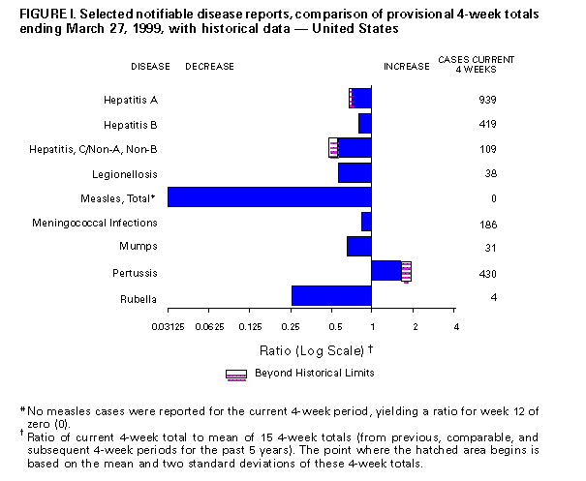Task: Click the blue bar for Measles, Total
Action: pyautogui.click(x=269, y=197)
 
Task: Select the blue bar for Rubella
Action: pyautogui.click(x=331, y=296)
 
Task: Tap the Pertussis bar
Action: pyautogui.click(x=386, y=271)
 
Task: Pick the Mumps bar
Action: pyautogui.click(x=359, y=247)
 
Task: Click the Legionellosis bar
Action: pyautogui.click(x=355, y=172)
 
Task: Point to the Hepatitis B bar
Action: pyautogui.click(x=365, y=124)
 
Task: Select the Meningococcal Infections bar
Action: pyautogui.click(x=366, y=222)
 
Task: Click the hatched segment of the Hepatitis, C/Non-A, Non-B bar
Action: pyautogui.click(x=333, y=147)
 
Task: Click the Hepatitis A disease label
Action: pyautogui.click(x=131, y=100)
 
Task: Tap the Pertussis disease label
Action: pyautogui.click(x=138, y=273)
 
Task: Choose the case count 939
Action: pyautogui.click(x=487, y=100)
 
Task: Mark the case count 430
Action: pyautogui.click(x=487, y=273)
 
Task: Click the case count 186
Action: pyautogui.click(x=487, y=224)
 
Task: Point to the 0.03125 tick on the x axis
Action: pyautogui.click(x=167, y=324)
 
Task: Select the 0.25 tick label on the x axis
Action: pyautogui.click(x=291, y=324)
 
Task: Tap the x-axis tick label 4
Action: pyautogui.click(x=454, y=324)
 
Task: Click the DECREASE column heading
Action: pyautogui.click(x=209, y=66)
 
